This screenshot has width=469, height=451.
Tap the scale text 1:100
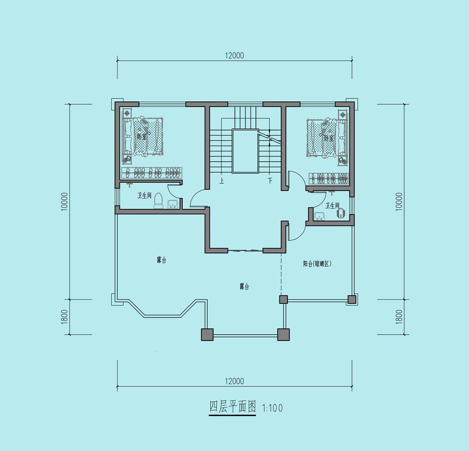272,408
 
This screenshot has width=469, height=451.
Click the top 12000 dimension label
234,56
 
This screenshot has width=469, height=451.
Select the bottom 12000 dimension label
234,381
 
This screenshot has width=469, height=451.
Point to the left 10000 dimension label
65,202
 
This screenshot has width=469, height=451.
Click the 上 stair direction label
222,181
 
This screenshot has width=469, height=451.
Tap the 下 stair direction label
270,181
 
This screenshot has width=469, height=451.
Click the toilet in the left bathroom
158,201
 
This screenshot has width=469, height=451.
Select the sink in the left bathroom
173,204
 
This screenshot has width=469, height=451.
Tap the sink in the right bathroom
320,216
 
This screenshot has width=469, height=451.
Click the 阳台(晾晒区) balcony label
317,264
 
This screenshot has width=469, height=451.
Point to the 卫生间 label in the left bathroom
144,195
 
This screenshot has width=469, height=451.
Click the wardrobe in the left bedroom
152,173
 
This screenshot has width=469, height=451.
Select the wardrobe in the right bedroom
329,179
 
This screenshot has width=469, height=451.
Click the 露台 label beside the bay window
161,260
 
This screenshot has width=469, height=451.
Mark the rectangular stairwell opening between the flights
245,151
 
